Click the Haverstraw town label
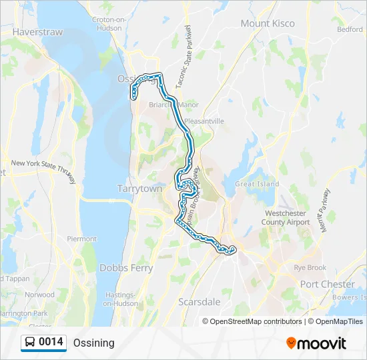pos(37,31)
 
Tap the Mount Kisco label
pos(268,23)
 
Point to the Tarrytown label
pos(140,189)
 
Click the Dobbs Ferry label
pos(126,268)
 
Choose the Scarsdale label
pos(200,302)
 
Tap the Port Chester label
pos(328,284)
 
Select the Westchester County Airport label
pos(285,218)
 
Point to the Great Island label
pos(257,184)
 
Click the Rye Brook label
pos(310,267)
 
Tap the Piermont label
pos(82,238)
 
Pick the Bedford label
pos(350,29)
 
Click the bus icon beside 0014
pos(30,343)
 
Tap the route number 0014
pos(51,343)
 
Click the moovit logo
pos(316,343)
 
